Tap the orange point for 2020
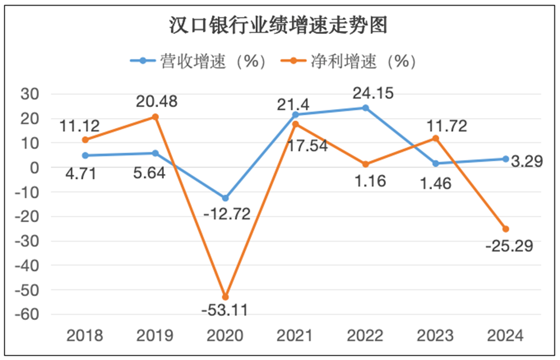tap(225, 297)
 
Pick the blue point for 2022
tap(365, 108)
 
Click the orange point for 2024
tap(505, 229)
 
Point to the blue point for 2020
tap(225, 198)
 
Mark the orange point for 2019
tap(155, 117)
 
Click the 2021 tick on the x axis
tap(295, 335)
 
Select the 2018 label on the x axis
tap(85, 335)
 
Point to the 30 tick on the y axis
tap(33, 94)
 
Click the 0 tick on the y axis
tap(38, 168)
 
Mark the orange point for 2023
tap(435, 138)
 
